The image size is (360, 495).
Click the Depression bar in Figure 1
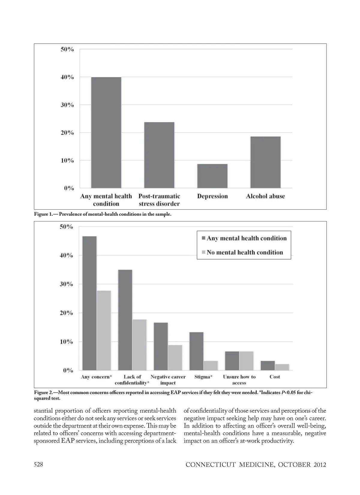coord(212,176)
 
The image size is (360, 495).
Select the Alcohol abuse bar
coord(265,162)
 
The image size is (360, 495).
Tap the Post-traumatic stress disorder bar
coord(159,155)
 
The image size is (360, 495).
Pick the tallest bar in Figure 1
coord(106,133)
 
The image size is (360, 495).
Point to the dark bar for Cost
coord(268,365)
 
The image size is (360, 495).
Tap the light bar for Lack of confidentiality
coord(139,345)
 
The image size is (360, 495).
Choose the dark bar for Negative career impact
coord(161,346)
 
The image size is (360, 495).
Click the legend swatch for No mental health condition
coord(203,252)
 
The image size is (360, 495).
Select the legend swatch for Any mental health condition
coord(203,238)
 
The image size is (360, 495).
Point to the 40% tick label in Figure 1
coord(67,77)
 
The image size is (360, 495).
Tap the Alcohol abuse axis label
coord(265,196)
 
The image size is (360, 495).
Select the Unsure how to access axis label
coord(239,380)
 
